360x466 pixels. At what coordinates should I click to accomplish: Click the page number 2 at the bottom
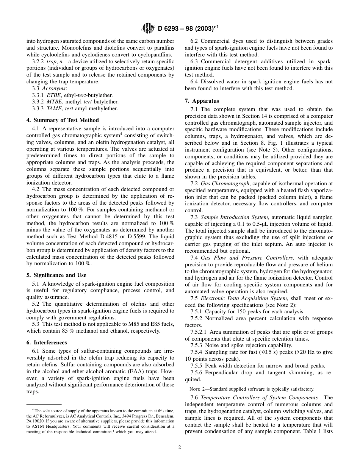click(x=180, y=447)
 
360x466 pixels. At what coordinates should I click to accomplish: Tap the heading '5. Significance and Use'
click(x=56, y=275)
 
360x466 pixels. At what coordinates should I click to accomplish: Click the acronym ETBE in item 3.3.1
click(x=53, y=95)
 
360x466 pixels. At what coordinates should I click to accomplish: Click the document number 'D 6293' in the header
click(x=169, y=28)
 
